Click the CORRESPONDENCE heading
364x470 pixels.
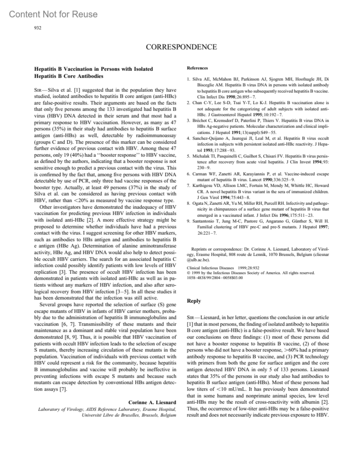pos(181,47)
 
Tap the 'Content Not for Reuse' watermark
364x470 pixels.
pos(53,14)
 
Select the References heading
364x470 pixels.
pos(197,68)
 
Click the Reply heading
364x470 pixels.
pos(194,301)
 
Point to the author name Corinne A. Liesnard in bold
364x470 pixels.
pos(152,403)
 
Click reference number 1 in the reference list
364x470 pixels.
pos(188,79)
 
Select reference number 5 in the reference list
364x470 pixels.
pos(188,156)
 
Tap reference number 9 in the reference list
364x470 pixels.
pos(188,221)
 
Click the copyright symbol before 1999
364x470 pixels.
pos(188,273)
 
